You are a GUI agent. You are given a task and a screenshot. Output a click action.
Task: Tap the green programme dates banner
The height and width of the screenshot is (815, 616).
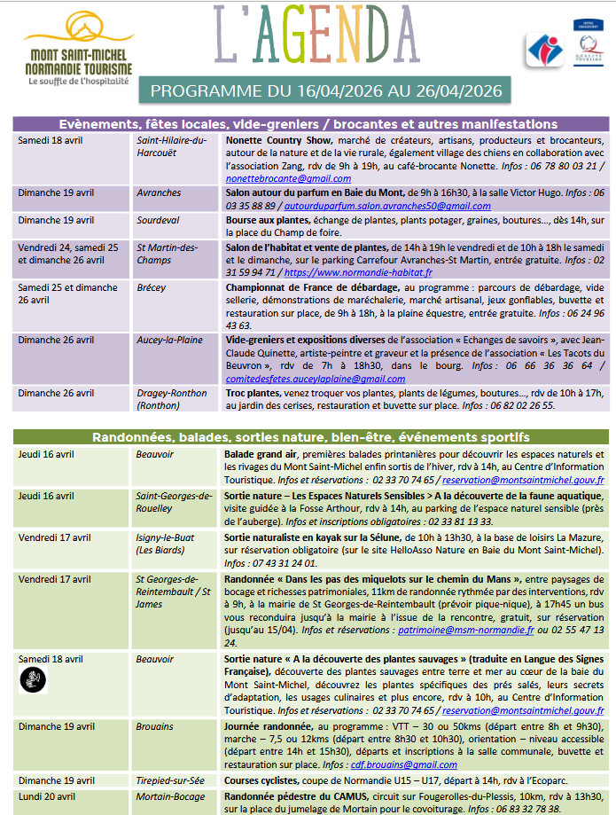325,90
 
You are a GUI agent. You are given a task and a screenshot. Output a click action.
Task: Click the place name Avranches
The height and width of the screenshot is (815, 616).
159,193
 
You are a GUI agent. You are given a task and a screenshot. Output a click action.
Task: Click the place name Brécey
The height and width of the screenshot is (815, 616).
152,288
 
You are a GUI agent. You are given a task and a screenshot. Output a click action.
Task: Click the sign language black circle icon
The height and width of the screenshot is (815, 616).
33,679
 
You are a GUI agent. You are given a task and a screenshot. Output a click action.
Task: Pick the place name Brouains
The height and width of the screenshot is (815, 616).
155,726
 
